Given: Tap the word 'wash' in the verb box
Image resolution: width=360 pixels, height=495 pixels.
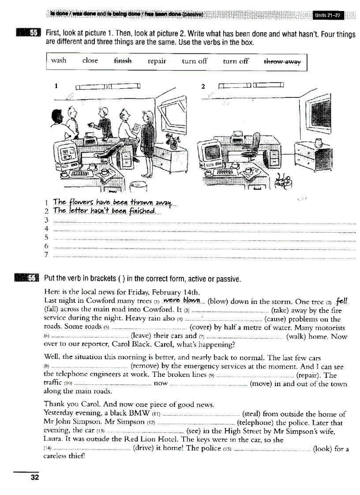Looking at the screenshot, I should [x=59, y=60].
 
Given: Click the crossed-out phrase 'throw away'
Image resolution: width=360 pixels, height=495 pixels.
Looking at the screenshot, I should [x=282, y=62].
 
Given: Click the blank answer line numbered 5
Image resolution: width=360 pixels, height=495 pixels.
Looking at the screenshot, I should [x=203, y=237].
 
